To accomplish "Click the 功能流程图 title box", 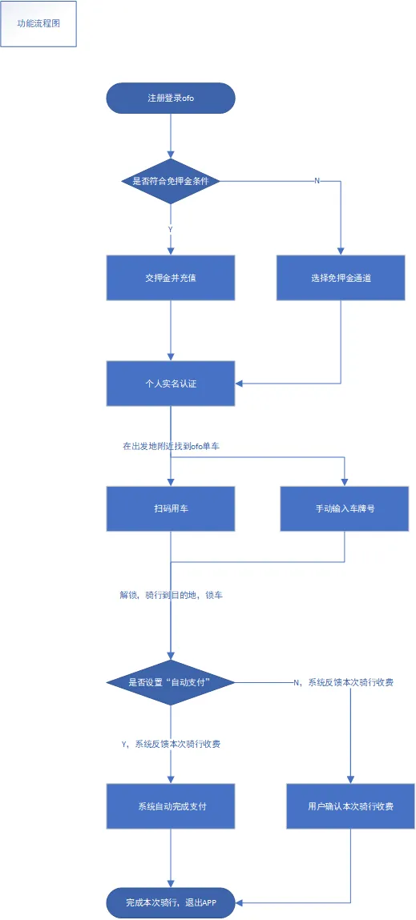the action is (x=38, y=24).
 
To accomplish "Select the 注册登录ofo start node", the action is (x=171, y=98).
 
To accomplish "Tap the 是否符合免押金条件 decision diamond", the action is (x=171, y=181).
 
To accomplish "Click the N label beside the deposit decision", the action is (x=317, y=181).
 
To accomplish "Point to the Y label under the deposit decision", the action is (x=171, y=230).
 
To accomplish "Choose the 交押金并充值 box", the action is (x=171, y=278).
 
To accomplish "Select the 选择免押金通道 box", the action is (x=341, y=278).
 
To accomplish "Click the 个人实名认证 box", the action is (x=171, y=384).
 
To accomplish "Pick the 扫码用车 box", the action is (x=171, y=508).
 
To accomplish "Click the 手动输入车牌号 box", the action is (x=345, y=508).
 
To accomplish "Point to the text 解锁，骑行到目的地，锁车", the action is (x=171, y=595).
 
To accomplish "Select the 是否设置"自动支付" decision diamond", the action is (x=171, y=682).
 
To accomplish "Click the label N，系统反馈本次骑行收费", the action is (x=343, y=682).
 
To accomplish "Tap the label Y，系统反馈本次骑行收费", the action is (x=171, y=744).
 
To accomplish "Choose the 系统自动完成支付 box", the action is (x=171, y=806).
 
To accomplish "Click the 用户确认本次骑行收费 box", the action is (x=351, y=806).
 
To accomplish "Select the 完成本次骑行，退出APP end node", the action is (x=171, y=902).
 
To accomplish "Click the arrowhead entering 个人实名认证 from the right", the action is (x=239, y=384).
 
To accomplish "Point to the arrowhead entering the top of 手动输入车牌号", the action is (x=345, y=482).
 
